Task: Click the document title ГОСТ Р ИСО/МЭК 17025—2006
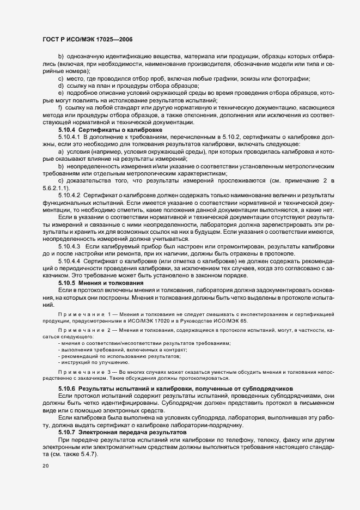[x=88, y=39]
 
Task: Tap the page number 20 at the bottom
[x=46, y=466]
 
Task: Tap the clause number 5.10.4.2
[x=69, y=210]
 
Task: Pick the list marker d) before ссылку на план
[x=60, y=86]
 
